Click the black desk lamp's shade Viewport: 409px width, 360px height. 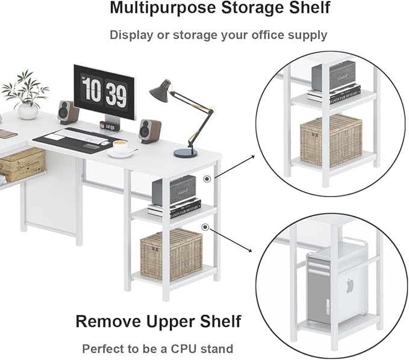pyautogui.click(x=160, y=90)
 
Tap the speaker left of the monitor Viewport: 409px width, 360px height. pyautogui.click(x=67, y=112)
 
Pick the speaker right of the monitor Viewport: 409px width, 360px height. pyautogui.click(x=149, y=131)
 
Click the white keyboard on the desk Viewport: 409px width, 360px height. pyautogui.click(x=76, y=135)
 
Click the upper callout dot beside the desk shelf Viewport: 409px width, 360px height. pyautogui.click(x=207, y=178)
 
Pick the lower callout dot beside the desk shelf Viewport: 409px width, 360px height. pyautogui.click(x=205, y=227)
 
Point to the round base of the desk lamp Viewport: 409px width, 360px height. pyautogui.click(x=185, y=153)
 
